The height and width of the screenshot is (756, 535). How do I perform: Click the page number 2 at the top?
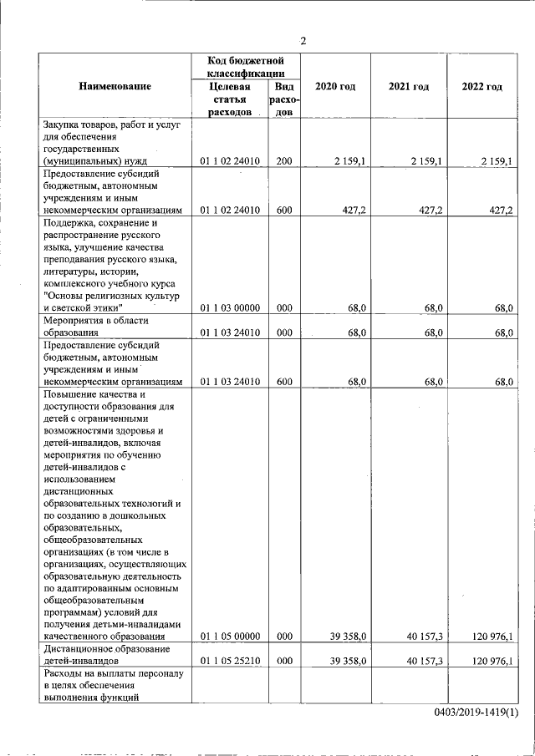[303, 41]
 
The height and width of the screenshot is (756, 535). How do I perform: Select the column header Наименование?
[115, 87]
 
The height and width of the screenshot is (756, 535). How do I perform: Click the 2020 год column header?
[335, 87]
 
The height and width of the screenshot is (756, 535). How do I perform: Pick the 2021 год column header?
[409, 87]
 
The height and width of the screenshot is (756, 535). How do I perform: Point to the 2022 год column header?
[481, 87]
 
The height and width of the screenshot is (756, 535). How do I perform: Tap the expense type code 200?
[283, 160]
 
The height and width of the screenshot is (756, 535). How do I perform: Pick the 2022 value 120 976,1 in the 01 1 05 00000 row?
[492, 637]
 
